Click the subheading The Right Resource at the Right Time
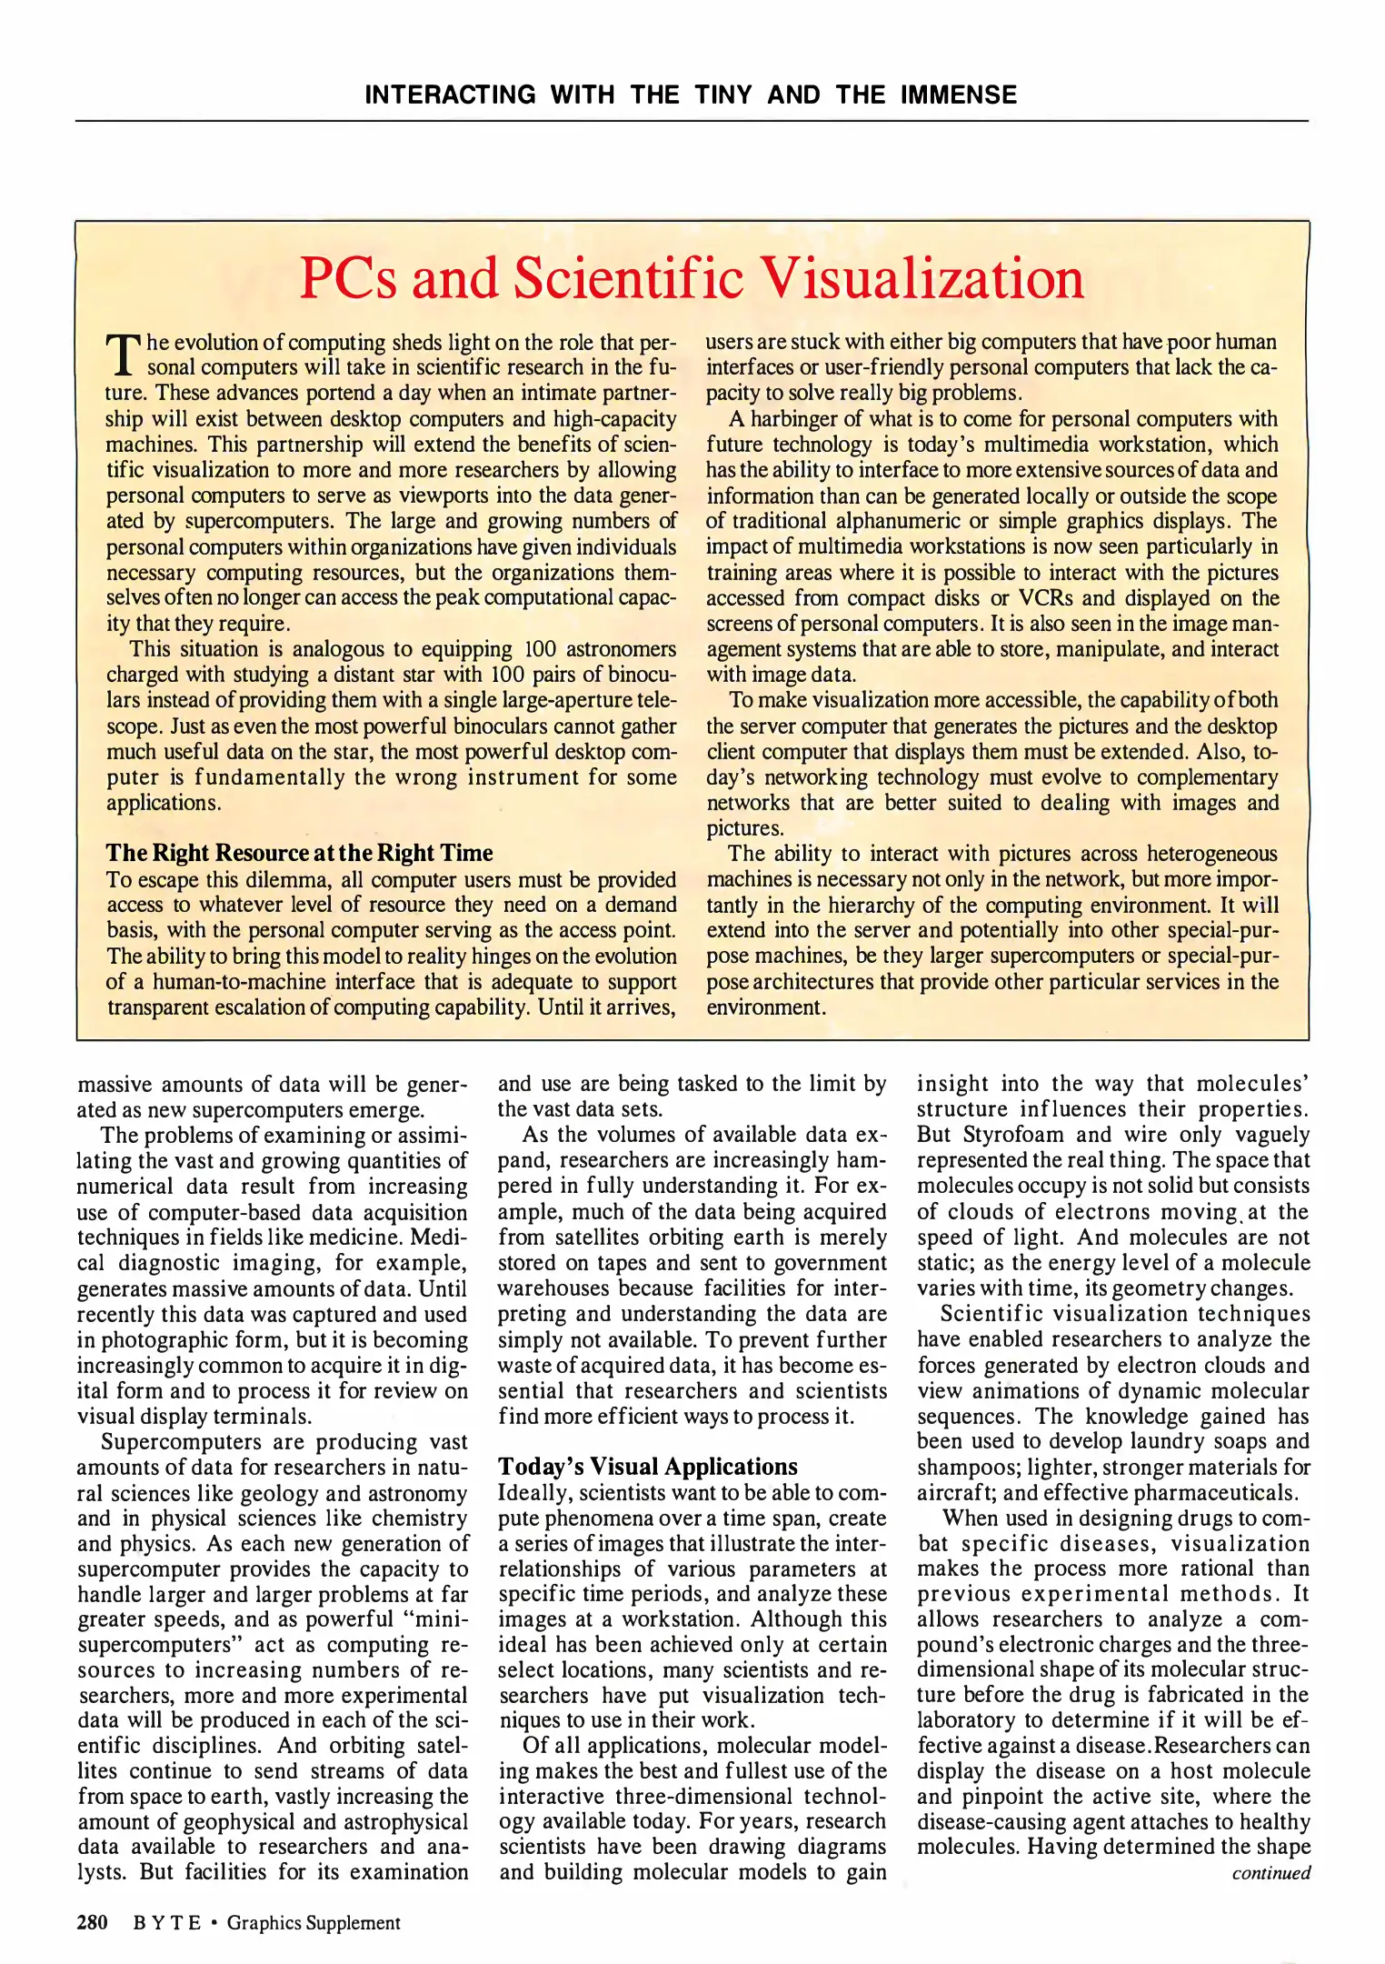point(299,853)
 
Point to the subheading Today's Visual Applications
point(647,1467)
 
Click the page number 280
point(93,1922)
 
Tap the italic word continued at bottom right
point(1270,1873)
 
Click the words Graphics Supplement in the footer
point(314,1922)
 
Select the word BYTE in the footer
point(167,1922)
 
